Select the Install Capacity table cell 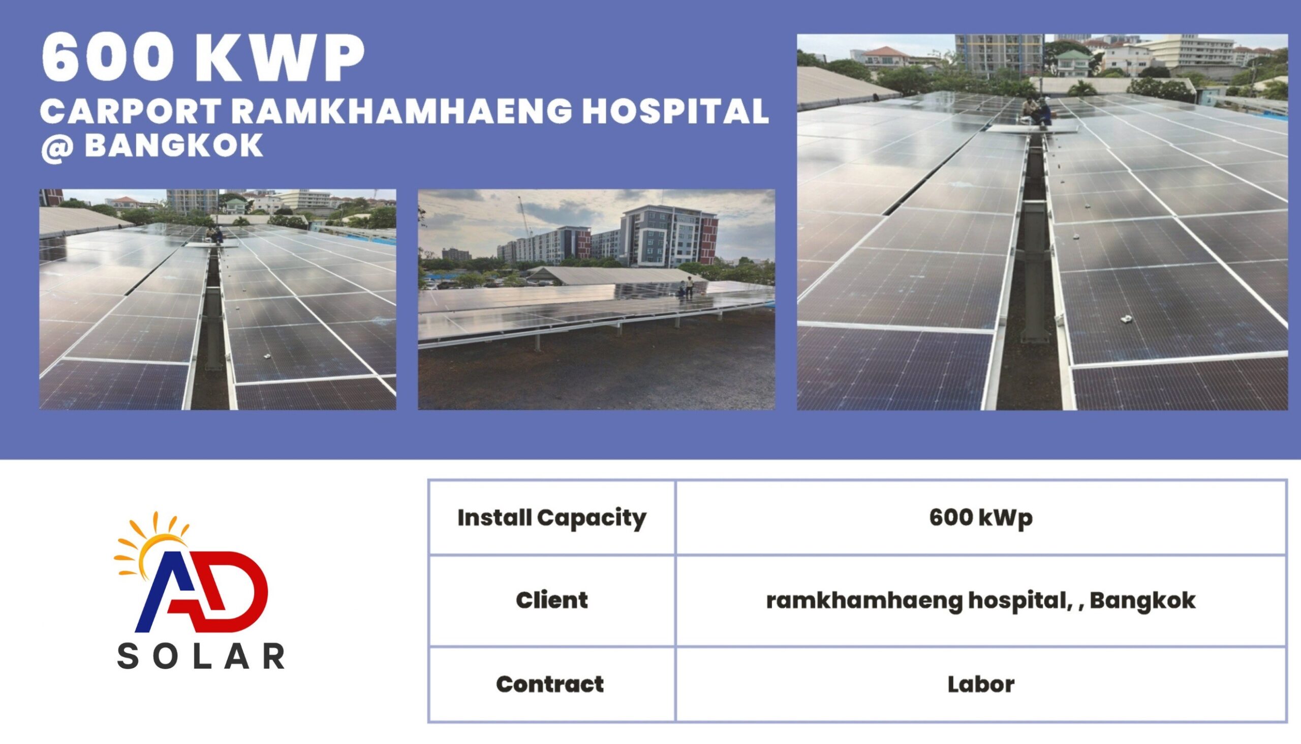(x=551, y=518)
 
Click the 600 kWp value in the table (x=981, y=518)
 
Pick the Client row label (x=551, y=600)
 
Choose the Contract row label (x=550, y=684)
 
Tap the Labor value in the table (x=981, y=684)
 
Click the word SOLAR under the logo (x=201, y=656)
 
